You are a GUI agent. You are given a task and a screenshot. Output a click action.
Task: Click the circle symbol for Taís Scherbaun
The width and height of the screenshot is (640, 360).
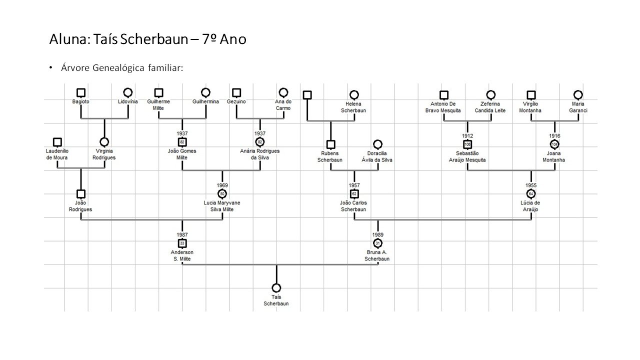[x=276, y=288]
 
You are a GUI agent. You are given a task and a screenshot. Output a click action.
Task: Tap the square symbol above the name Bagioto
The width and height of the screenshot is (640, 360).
[x=81, y=93]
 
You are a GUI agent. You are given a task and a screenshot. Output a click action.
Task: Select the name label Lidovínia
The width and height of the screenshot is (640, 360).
[x=128, y=101]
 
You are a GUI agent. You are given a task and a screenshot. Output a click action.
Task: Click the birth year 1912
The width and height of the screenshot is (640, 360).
[x=467, y=135]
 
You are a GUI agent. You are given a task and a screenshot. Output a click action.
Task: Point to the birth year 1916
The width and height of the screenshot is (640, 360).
[x=554, y=135]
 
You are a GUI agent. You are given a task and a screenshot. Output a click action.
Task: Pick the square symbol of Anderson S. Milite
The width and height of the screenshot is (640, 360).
[x=182, y=243]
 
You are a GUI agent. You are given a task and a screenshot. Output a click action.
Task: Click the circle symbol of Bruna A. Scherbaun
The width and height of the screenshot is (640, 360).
[x=377, y=243]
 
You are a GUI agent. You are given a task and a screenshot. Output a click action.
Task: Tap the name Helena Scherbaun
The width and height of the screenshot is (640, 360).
[x=354, y=107]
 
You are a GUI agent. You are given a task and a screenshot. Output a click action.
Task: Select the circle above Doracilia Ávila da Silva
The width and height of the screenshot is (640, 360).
[x=377, y=144]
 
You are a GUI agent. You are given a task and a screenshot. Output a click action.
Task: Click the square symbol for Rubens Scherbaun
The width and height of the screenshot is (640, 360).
[x=330, y=144]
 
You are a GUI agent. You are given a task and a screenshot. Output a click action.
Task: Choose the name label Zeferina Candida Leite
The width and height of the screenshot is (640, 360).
[x=490, y=107]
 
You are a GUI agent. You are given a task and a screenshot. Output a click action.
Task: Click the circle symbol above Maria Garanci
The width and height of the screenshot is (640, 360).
[x=578, y=94]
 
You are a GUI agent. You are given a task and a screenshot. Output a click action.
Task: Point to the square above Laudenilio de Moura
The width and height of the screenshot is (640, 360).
[x=57, y=142]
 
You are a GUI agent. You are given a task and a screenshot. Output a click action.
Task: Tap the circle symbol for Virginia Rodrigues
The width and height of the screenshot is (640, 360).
[x=104, y=142]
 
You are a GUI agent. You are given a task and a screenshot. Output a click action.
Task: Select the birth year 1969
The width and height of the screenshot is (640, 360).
[x=222, y=185]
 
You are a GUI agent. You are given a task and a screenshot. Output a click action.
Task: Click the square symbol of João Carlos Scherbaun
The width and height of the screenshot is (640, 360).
[x=354, y=194]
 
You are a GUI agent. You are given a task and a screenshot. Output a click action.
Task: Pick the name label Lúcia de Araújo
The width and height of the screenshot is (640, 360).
[x=531, y=206]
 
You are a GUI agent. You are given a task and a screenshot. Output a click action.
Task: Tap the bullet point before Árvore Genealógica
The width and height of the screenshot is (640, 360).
[x=50, y=67]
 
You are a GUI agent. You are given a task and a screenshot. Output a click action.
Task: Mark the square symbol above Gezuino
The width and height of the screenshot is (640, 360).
[x=236, y=93]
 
